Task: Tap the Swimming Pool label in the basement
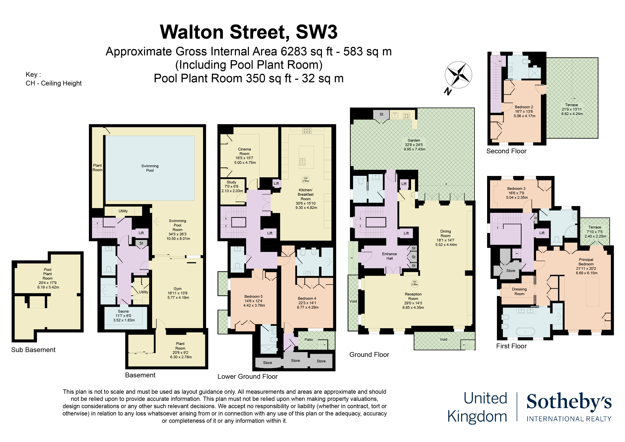point(150,168)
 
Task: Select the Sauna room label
point(124,316)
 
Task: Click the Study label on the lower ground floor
point(232,186)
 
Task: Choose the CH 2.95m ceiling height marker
point(306,180)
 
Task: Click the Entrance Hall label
point(389,256)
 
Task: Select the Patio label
point(309,339)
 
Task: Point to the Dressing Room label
point(519,292)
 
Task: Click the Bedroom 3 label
point(517,193)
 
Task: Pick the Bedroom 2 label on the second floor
point(524,111)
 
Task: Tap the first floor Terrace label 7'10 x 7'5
point(595,232)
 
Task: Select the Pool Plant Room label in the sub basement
point(48,278)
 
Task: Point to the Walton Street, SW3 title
point(249,32)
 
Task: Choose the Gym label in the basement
point(178,293)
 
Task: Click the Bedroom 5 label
point(254,301)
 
